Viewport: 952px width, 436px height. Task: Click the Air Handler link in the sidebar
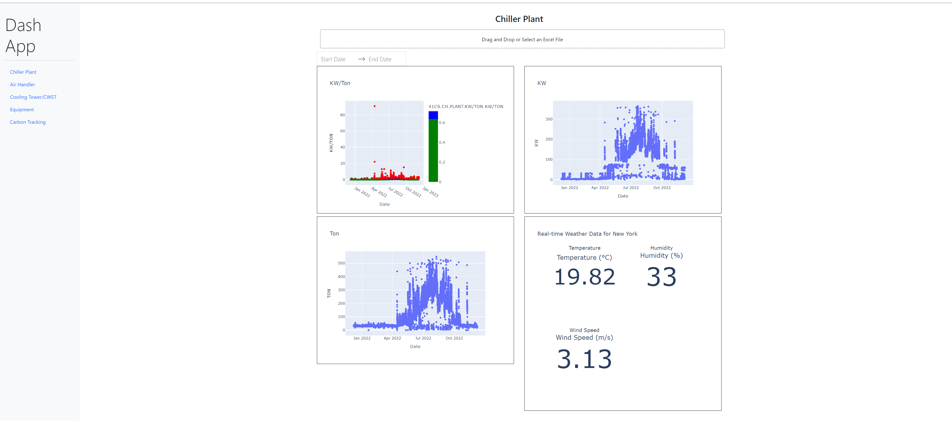pyautogui.click(x=22, y=84)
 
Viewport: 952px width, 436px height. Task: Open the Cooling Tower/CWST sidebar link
pyautogui.click(x=33, y=97)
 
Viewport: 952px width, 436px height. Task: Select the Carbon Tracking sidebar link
pyautogui.click(x=28, y=122)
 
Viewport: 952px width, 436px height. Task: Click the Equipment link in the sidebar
pyautogui.click(x=22, y=109)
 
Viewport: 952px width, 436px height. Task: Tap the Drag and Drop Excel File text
pyautogui.click(x=522, y=39)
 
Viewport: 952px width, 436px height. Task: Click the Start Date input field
pyautogui.click(x=333, y=59)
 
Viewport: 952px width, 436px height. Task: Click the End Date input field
pyautogui.click(x=380, y=59)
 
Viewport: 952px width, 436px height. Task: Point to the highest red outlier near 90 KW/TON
pyautogui.click(x=374, y=106)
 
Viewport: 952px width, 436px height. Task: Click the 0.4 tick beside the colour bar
pyautogui.click(x=442, y=142)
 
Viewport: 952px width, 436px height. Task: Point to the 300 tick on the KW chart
pyautogui.click(x=549, y=119)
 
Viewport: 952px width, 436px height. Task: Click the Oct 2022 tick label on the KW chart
pyautogui.click(x=662, y=187)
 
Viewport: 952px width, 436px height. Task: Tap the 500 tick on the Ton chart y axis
pyautogui.click(x=341, y=263)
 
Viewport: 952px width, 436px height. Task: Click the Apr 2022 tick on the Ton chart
pyautogui.click(x=392, y=338)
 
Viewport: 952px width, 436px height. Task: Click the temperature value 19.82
pyautogui.click(x=584, y=277)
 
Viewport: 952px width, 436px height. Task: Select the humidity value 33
pyautogui.click(x=661, y=277)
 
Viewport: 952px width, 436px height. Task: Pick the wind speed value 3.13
pyautogui.click(x=584, y=359)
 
